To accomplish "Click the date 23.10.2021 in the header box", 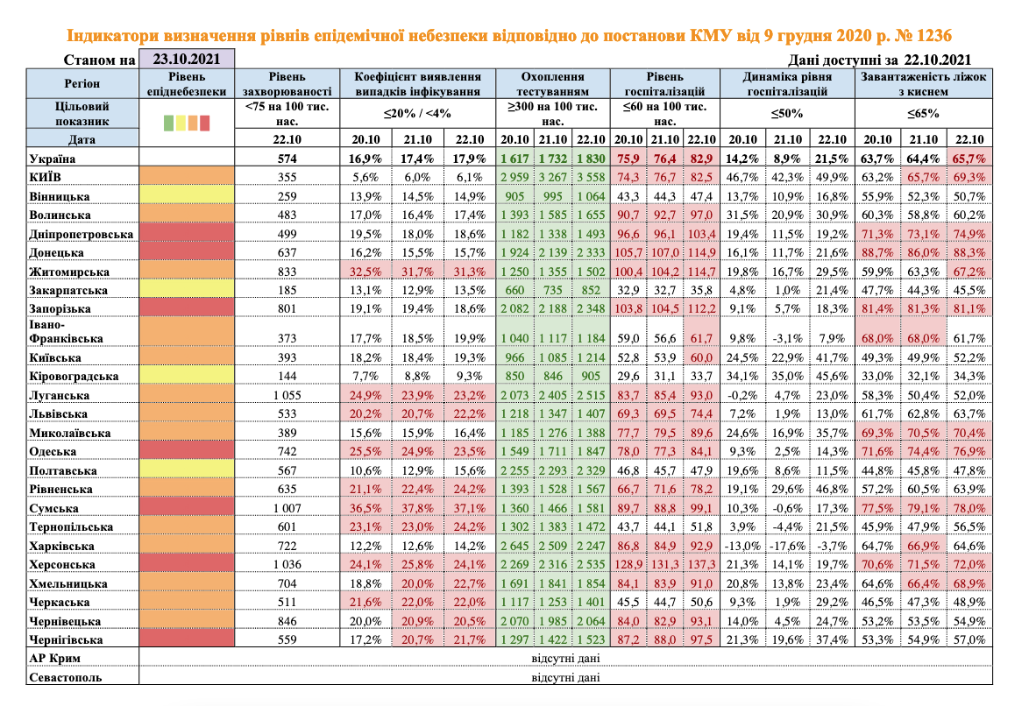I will (185, 60).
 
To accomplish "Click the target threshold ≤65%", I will (924, 113).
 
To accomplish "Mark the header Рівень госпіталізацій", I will (664, 83).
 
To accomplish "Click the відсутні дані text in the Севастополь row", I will (566, 677).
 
